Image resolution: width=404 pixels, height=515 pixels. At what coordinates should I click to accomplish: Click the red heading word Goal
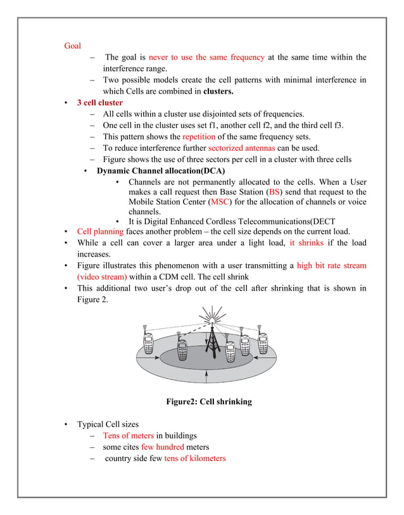pos(72,46)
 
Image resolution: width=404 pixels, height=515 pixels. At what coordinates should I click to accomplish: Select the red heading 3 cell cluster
pos(99,103)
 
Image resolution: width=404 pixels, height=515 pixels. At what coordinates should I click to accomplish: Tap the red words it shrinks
pos(307,243)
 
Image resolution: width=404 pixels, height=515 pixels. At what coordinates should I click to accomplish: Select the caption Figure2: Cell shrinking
pos(208,402)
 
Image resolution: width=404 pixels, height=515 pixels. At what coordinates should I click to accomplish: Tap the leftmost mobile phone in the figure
pos(147,343)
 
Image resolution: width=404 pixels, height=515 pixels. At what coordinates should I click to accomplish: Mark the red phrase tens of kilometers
pos(194,458)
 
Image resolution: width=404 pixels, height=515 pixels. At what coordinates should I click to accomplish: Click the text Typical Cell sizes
pos(108,424)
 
